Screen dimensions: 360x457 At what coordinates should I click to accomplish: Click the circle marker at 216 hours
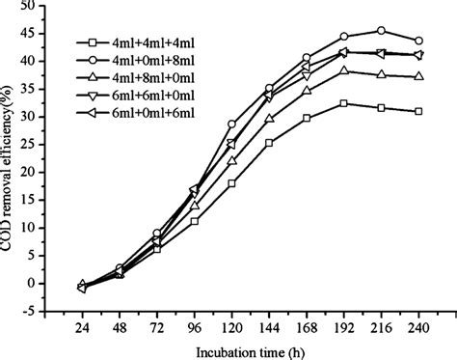380,31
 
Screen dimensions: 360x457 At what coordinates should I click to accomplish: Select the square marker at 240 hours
417,112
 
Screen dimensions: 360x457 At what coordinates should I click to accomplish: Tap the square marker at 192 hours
343,103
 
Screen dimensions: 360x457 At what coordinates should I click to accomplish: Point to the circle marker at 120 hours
231,125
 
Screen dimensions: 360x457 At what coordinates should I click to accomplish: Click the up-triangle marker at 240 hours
417,76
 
